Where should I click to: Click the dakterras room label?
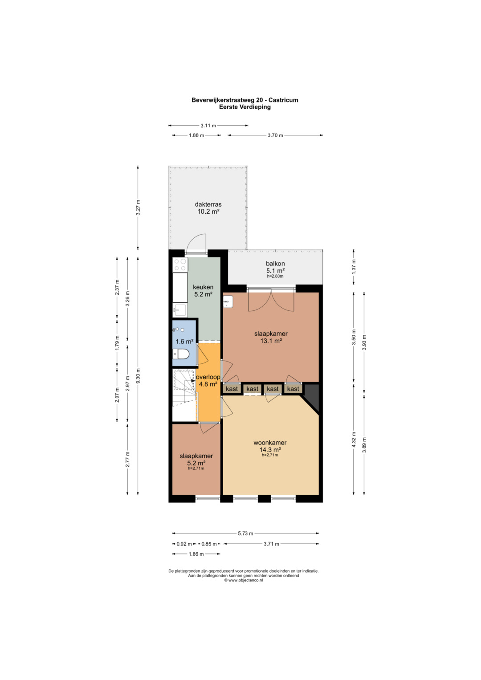(208, 204)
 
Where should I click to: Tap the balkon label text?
(275, 264)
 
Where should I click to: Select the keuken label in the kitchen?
(203, 287)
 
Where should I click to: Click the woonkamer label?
(270, 443)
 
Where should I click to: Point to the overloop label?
(208, 377)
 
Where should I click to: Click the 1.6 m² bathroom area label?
(184, 342)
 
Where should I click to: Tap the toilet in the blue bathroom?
(181, 354)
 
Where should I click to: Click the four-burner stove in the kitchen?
(180, 265)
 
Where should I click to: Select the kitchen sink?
(180, 309)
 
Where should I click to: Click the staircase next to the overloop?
(184, 395)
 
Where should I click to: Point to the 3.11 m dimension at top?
(208, 126)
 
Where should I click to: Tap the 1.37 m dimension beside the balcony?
(354, 266)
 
